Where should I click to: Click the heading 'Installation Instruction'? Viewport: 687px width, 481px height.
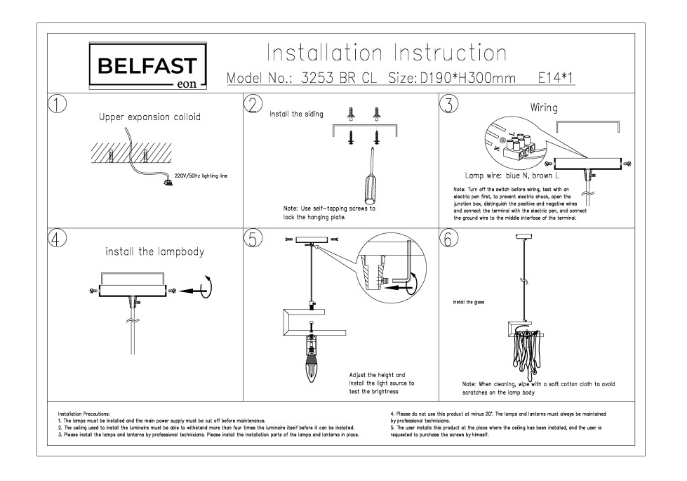click(x=387, y=53)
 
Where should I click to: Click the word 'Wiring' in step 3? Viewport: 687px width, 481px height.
click(x=544, y=108)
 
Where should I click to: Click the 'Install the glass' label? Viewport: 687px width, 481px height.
click(x=469, y=303)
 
